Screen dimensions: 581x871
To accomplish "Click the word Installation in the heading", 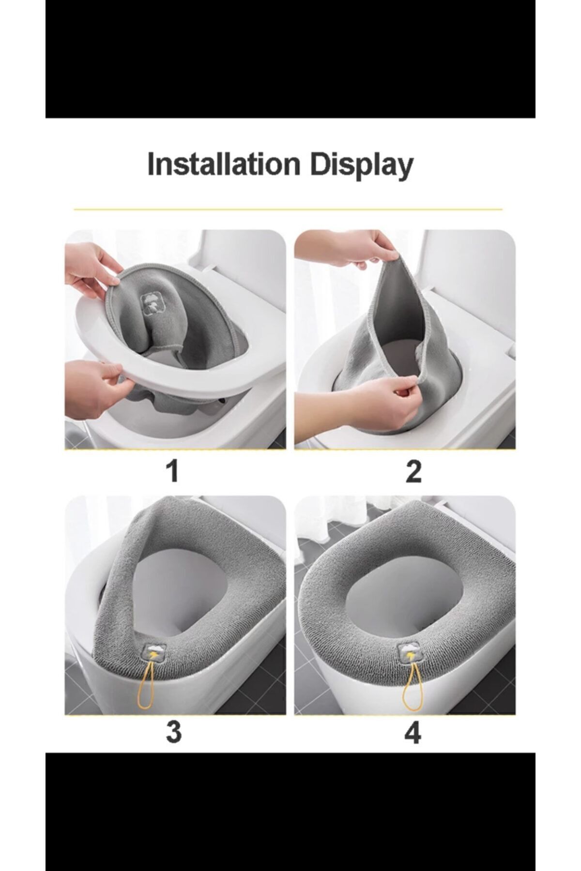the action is pos(224,165).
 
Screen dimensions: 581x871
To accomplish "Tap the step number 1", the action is pos(173,471).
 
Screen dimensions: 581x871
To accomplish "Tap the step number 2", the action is pos(413,471).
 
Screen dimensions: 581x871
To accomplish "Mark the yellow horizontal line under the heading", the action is pos(288,210).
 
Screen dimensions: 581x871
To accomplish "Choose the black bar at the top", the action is pos(290,59).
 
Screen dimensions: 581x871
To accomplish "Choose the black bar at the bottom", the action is pos(290,811).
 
